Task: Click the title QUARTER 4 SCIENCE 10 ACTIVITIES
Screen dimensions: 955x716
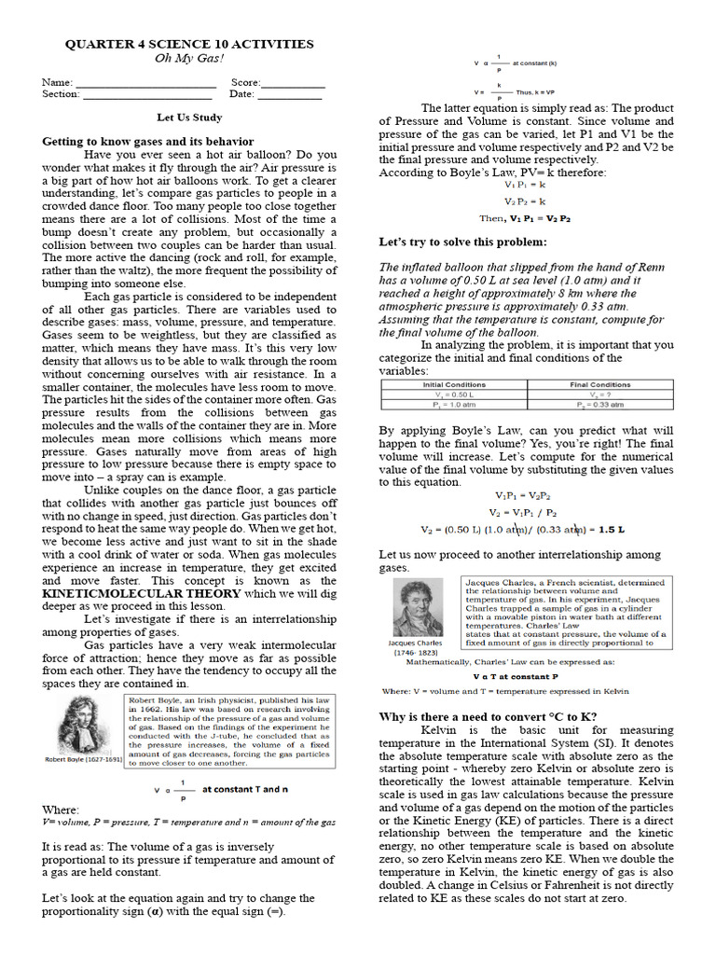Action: pyautogui.click(x=187, y=44)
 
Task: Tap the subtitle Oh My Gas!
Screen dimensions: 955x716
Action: pyautogui.click(x=187, y=58)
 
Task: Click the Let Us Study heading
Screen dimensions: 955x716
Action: pyautogui.click(x=188, y=118)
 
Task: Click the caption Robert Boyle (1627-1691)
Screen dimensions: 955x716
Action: pyautogui.click(x=83, y=759)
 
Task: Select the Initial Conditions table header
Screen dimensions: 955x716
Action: pyautogui.click(x=453, y=384)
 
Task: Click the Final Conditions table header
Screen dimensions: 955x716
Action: pyautogui.click(x=599, y=384)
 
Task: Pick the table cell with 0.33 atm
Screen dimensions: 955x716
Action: pyautogui.click(x=599, y=404)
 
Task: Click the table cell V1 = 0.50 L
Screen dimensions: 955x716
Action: pyautogui.click(x=453, y=394)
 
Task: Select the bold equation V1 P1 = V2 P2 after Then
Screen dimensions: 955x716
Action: pyautogui.click(x=538, y=217)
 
